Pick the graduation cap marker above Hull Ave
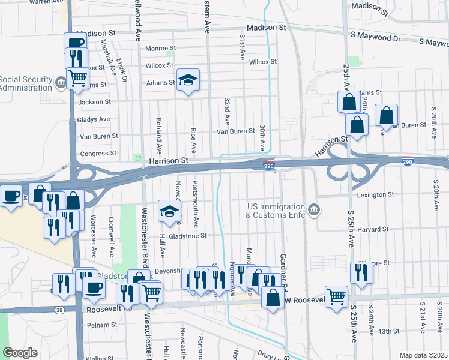click(170, 211)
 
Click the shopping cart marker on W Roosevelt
click(336, 296)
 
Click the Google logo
click(19, 353)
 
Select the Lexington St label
click(375, 195)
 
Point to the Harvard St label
click(374, 229)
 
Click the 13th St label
click(388, 331)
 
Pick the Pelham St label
click(101, 325)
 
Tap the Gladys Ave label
click(94, 119)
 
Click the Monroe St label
click(160, 47)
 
